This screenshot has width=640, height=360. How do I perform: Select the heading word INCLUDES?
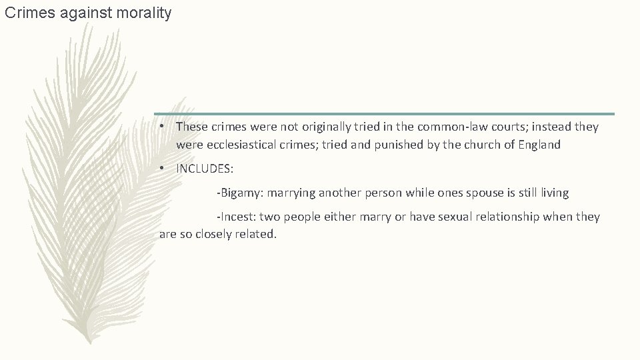[x=205, y=169]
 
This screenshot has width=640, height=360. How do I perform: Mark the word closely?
[x=213, y=235]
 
